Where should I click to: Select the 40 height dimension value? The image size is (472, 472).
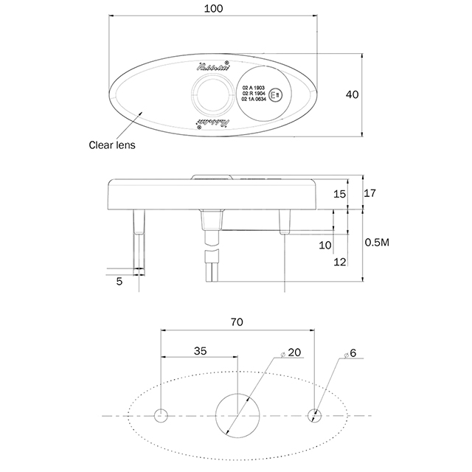(x=352, y=94)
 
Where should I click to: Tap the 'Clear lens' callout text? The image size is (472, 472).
(x=112, y=145)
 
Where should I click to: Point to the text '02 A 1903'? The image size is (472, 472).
(x=253, y=87)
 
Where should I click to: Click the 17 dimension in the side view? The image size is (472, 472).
(x=370, y=193)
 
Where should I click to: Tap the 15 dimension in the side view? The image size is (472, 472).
(x=339, y=193)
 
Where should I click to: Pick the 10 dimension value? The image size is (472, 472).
(x=325, y=245)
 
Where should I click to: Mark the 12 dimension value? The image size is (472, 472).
(x=339, y=261)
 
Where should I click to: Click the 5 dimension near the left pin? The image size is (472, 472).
(x=119, y=280)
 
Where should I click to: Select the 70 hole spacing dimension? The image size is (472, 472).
(x=237, y=322)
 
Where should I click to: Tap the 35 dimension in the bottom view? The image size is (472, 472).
(x=199, y=351)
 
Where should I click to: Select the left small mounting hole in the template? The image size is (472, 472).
(x=161, y=416)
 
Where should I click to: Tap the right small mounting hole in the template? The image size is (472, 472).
(x=316, y=416)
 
